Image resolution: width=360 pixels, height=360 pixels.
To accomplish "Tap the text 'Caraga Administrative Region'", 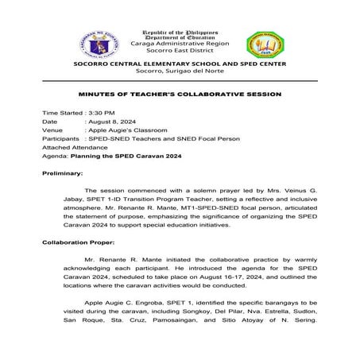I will click(x=180, y=37).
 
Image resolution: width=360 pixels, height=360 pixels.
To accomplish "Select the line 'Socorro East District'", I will click(x=180, y=45).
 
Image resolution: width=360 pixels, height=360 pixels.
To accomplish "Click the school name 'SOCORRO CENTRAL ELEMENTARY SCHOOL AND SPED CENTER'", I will click(x=180, y=63).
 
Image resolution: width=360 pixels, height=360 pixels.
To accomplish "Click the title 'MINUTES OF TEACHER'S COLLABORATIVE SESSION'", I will click(x=180, y=94).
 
